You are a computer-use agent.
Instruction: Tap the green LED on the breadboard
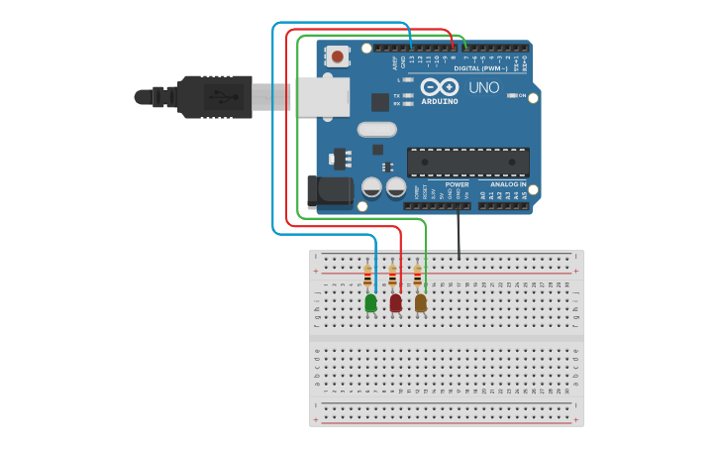pyautogui.click(x=370, y=302)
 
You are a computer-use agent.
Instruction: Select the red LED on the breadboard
pyautogui.click(x=395, y=302)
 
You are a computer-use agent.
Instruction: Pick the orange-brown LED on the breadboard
pyautogui.click(x=420, y=302)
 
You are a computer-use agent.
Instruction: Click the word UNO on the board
pyautogui.click(x=483, y=88)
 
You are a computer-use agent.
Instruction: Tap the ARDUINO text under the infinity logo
pyautogui.click(x=439, y=101)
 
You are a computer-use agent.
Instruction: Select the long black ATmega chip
pyautogui.click(x=467, y=163)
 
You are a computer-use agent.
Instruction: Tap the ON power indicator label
pyautogui.click(x=521, y=95)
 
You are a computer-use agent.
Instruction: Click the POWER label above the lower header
pyautogui.click(x=457, y=184)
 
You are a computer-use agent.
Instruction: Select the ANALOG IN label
pyautogui.click(x=509, y=184)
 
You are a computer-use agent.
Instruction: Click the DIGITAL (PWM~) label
pyautogui.click(x=480, y=68)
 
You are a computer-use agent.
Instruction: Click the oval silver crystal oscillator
pyautogui.click(x=376, y=129)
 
